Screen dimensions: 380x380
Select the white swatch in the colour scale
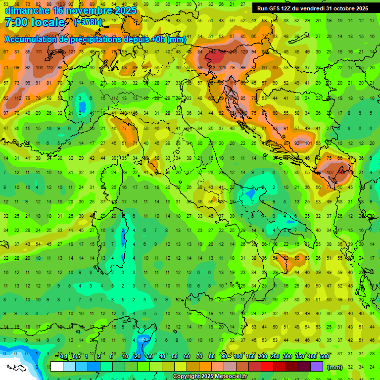click(x=57, y=367)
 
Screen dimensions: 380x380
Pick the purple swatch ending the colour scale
click(x=317, y=367)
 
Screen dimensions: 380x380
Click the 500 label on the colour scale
click(x=325, y=357)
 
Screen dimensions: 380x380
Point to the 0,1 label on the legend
click(x=64, y=357)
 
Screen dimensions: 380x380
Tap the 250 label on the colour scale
click(x=275, y=357)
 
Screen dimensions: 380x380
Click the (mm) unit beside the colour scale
click(x=334, y=367)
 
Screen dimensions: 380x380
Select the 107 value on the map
click(x=330, y=173)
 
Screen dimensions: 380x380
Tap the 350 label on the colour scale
click(x=299, y=357)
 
